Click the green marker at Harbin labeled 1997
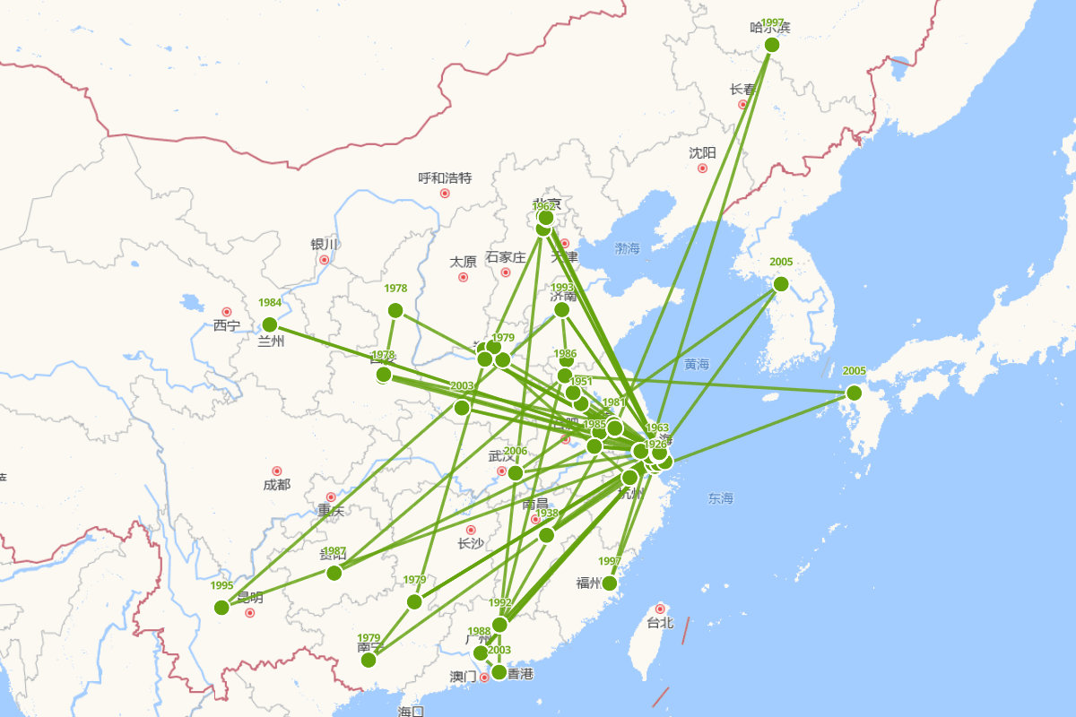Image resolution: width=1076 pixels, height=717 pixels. tap(772, 45)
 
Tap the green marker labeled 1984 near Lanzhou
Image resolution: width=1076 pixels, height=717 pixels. tap(270, 324)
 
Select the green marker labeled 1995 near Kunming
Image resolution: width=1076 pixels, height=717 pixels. tap(221, 608)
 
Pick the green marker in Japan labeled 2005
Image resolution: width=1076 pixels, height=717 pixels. tap(854, 393)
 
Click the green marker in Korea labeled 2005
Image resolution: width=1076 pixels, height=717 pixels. tap(781, 284)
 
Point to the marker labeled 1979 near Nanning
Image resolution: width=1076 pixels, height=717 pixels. tap(369, 661)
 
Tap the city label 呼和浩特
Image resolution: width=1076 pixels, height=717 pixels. tap(445, 177)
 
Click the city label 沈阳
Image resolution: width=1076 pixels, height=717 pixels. tap(702, 152)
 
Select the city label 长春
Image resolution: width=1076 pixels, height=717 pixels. tap(742, 90)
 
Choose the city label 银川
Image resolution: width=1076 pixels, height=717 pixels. tap(324, 245)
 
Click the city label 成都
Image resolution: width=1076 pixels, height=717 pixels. tap(277, 485)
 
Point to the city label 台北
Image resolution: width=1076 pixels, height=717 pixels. tap(660, 622)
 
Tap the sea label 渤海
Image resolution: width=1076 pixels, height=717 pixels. tap(628, 248)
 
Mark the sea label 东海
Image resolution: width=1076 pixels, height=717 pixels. tap(720, 497)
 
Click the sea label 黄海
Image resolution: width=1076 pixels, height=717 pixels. tap(696, 364)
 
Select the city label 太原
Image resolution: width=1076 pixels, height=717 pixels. tap(463, 262)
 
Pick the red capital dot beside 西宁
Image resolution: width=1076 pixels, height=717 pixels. tap(227, 312)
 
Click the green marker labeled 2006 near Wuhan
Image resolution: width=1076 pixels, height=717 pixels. tap(516, 472)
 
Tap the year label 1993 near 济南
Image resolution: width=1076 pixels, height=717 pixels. tap(562, 288)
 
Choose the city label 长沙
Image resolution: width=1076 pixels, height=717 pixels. tap(470, 543)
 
